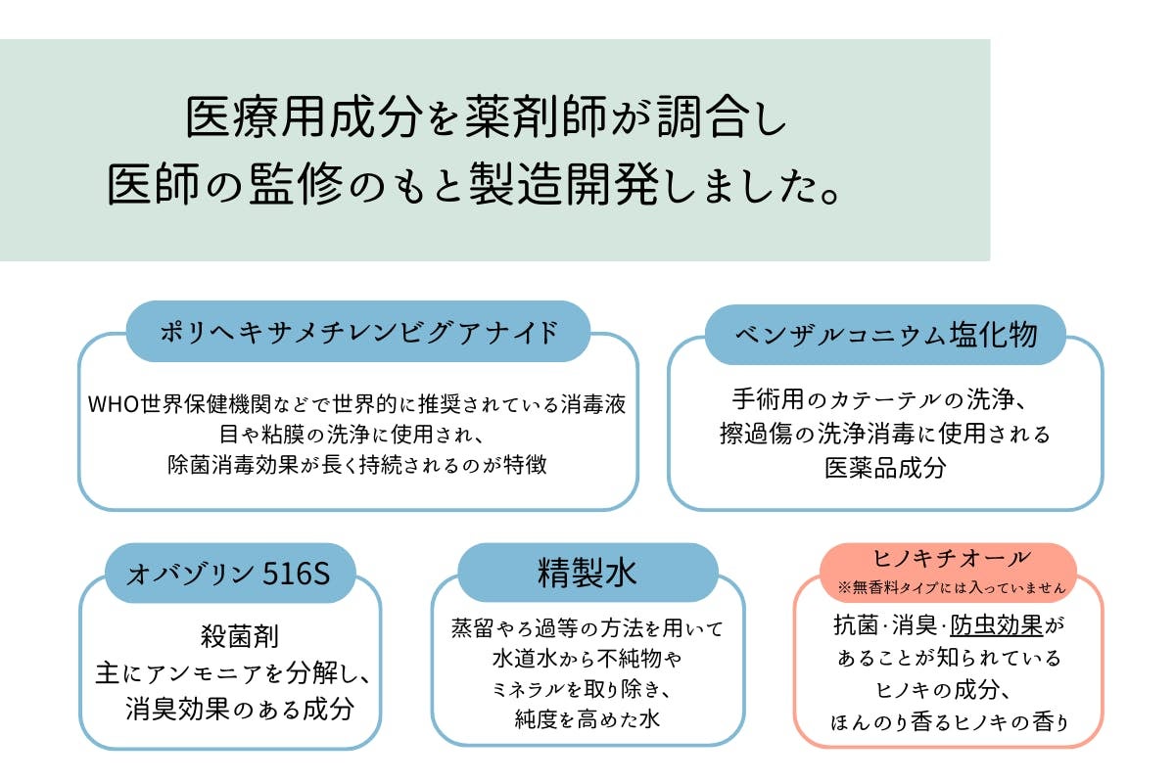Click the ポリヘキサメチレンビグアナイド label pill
[358, 332]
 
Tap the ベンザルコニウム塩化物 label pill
[885, 334]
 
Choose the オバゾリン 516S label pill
[229, 574]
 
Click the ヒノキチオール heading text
[949, 559]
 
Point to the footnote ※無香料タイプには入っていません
[949, 587]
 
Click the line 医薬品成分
[885, 467]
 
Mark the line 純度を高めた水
[587, 720]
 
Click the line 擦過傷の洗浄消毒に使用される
[885, 434]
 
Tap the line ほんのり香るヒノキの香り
[949, 722]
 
